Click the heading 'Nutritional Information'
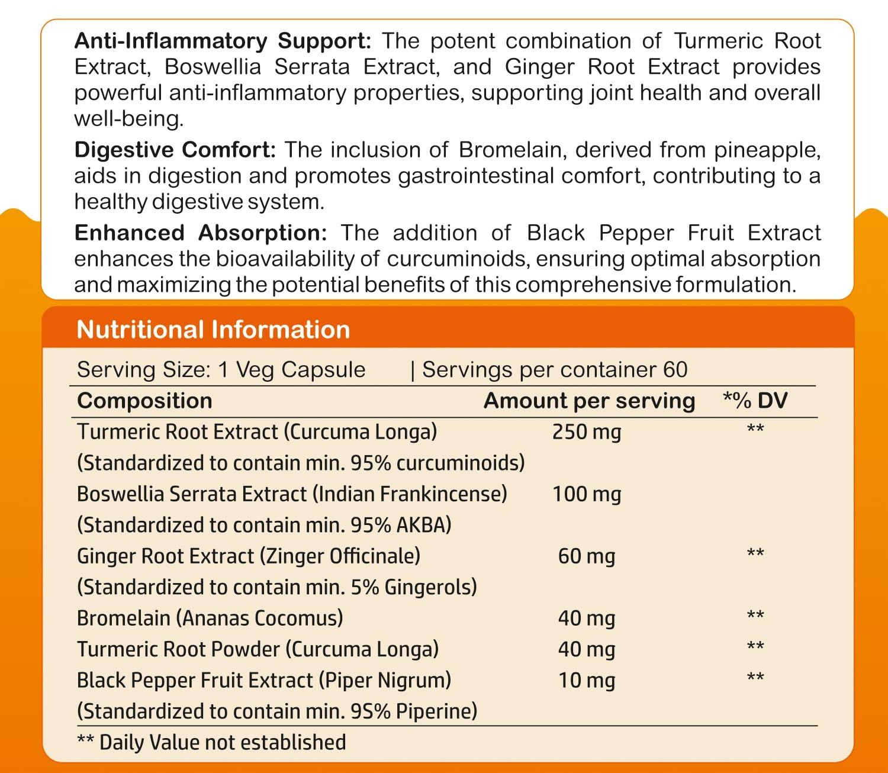click(213, 330)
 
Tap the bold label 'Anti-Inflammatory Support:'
click(223, 41)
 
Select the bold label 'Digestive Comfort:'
click(175, 150)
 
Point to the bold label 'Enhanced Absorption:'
click(201, 233)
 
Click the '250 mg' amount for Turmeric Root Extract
click(586, 432)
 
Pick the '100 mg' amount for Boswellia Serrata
click(586, 494)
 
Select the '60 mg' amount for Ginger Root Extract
click(586, 556)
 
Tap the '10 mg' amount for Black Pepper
click(586, 681)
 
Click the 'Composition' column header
click(144, 401)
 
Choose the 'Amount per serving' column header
click(589, 401)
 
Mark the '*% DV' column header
click(755, 401)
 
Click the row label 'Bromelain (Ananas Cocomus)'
click(210, 618)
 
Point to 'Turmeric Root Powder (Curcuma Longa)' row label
click(258, 649)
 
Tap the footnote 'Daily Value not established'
click(222, 742)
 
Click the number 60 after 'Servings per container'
click(675, 370)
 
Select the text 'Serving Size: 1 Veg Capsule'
click(221, 370)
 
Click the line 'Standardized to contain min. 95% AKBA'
click(264, 525)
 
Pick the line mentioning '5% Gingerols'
click(277, 587)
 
